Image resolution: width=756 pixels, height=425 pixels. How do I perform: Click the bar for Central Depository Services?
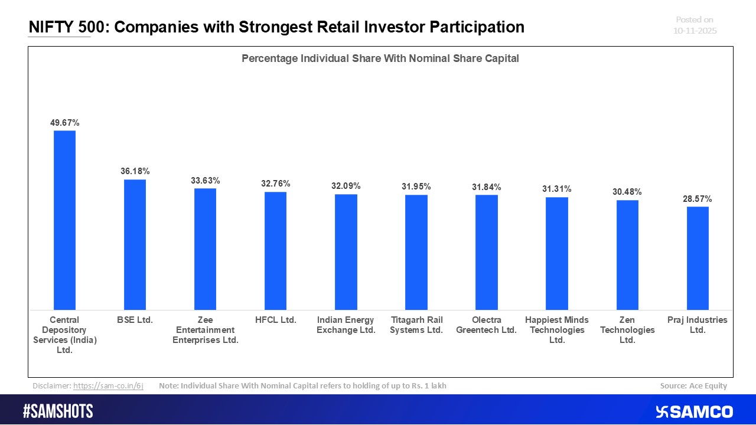tap(64, 220)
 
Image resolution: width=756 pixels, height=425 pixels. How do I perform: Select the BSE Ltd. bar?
tap(135, 244)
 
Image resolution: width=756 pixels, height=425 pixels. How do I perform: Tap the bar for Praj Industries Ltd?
tap(698, 258)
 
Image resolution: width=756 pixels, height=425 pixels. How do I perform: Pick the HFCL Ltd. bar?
tap(275, 251)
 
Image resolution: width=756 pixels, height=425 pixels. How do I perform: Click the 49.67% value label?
tap(64, 123)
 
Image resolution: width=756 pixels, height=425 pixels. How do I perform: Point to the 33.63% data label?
tap(205, 181)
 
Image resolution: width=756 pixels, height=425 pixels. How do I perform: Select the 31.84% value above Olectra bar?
tap(486, 187)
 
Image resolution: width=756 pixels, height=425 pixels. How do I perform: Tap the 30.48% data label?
tap(627, 192)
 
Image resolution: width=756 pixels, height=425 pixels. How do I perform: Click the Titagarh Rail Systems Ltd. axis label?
tap(416, 325)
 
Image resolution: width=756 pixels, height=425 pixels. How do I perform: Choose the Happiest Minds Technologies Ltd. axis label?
tap(556, 329)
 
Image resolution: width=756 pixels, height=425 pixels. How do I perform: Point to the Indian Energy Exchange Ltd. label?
tap(346, 325)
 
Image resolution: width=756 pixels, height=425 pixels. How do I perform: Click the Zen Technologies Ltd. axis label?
tap(627, 329)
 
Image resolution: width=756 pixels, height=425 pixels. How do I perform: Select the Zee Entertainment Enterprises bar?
tap(205, 249)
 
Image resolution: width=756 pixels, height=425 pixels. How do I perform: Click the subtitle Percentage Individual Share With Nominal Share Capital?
tap(380, 58)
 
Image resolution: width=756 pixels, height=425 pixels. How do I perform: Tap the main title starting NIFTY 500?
tap(276, 27)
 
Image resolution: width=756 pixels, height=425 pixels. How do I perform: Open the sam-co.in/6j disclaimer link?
tap(108, 386)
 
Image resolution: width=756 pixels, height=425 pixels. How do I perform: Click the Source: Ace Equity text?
tap(693, 386)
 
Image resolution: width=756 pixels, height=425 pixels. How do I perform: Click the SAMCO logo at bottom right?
tap(694, 411)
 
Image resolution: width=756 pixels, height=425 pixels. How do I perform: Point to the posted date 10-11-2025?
tap(695, 31)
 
